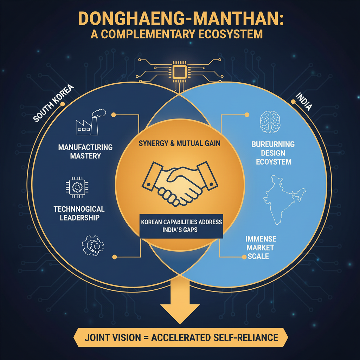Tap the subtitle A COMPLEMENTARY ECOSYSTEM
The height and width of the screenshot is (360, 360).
pyautogui.click(x=180, y=34)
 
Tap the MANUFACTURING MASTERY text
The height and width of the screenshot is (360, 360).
pyautogui.click(x=85, y=151)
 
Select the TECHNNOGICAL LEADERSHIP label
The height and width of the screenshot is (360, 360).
pyautogui.click(x=79, y=213)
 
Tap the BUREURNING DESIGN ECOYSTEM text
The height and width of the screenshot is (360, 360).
pyautogui.click(x=273, y=153)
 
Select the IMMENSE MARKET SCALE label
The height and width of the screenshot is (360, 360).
pyautogui.click(x=261, y=247)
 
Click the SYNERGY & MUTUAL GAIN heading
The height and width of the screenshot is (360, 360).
pyautogui.click(x=180, y=143)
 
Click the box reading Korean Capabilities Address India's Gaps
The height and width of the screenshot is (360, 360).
pyautogui.click(x=181, y=225)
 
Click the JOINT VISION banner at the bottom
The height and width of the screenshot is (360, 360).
pyautogui.click(x=180, y=338)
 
